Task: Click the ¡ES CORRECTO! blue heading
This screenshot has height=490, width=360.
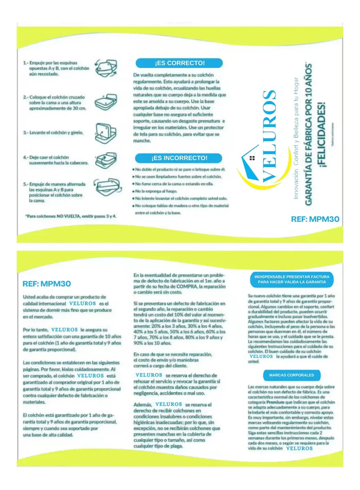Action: [x=179, y=63]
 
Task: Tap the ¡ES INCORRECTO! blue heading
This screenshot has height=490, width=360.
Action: [x=179, y=158]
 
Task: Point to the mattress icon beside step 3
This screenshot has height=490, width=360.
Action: [x=104, y=133]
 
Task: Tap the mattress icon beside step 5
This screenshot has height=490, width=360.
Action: [x=105, y=188]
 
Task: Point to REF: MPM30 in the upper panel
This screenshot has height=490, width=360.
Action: [x=315, y=219]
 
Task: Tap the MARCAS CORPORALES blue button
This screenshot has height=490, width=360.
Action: [x=291, y=375]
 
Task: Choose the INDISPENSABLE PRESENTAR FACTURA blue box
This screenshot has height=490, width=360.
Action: [x=291, y=280]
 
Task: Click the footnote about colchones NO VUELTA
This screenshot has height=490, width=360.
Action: [x=70, y=216]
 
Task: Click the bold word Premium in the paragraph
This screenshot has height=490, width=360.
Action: [x=275, y=402]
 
